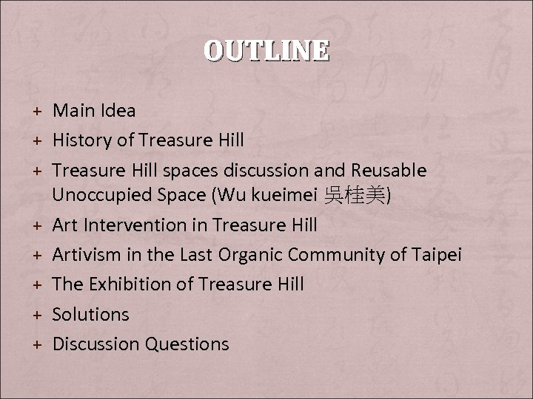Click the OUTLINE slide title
266,50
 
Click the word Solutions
91,314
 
